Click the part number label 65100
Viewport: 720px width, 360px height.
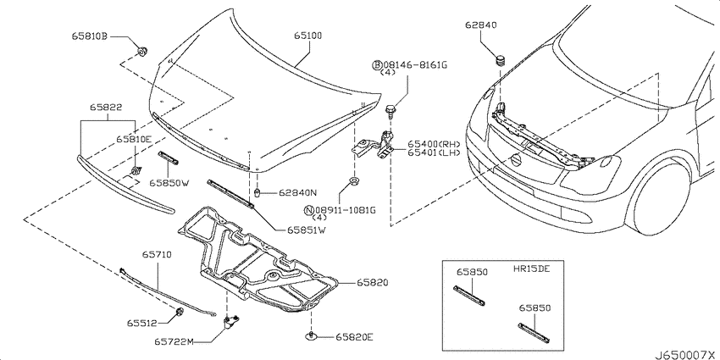coord(307,36)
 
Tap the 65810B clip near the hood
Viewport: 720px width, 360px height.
coord(143,51)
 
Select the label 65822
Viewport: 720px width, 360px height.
coord(106,108)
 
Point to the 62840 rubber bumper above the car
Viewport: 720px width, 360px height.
coord(500,60)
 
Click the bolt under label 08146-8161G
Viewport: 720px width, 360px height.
coord(390,110)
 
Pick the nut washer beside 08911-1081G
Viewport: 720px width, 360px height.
coord(354,181)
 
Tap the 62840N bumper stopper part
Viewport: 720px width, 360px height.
coord(258,192)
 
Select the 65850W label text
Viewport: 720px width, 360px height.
coord(169,183)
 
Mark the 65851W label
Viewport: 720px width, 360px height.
coord(307,230)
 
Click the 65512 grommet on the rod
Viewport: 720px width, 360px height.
coord(180,313)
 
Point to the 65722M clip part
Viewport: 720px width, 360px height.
coord(231,323)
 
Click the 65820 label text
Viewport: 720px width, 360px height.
coord(373,283)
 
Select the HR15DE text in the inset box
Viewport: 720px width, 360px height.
coord(531,269)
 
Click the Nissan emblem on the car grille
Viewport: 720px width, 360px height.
coord(517,160)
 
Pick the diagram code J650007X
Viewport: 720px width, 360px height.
coord(685,355)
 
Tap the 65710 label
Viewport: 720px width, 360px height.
coord(156,254)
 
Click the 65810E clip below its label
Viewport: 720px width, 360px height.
coord(135,171)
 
